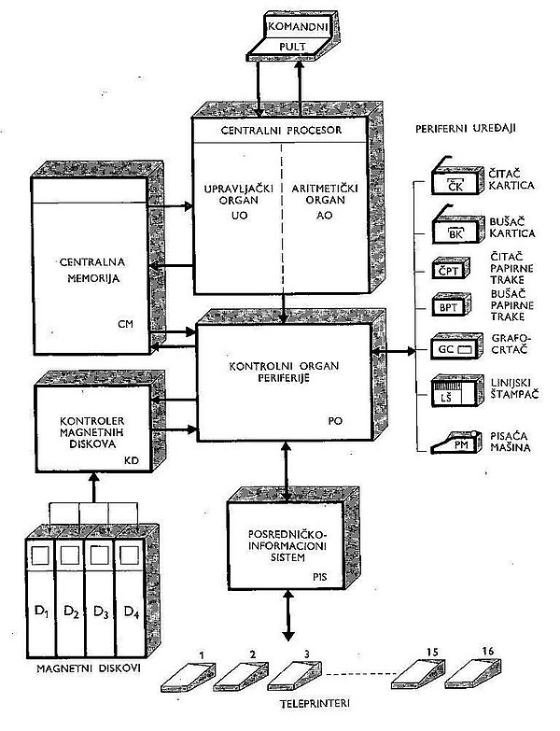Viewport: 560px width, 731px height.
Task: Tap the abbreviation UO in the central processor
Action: coord(239,216)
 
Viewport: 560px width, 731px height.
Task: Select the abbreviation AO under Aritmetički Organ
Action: coord(324,216)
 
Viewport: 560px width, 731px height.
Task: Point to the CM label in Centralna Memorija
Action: coord(126,324)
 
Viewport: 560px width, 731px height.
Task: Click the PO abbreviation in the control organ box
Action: coord(335,420)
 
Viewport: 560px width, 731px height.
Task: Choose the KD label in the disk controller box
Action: coord(132,461)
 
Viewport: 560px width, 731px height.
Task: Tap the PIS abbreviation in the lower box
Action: coord(319,577)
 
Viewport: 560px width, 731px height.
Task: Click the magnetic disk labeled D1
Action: coord(41,597)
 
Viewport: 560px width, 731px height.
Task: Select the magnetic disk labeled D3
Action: coord(100,597)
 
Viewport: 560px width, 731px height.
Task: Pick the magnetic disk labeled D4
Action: coord(131,597)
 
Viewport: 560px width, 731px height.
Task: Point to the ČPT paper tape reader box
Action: coord(451,269)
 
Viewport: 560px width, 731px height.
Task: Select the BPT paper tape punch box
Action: coord(451,305)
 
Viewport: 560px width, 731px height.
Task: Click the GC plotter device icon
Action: coord(456,346)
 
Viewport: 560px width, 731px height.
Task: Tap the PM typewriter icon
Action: coord(455,442)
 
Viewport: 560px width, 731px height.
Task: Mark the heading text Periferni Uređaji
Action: coord(466,128)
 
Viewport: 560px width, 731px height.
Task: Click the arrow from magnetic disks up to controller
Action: coord(94,487)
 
